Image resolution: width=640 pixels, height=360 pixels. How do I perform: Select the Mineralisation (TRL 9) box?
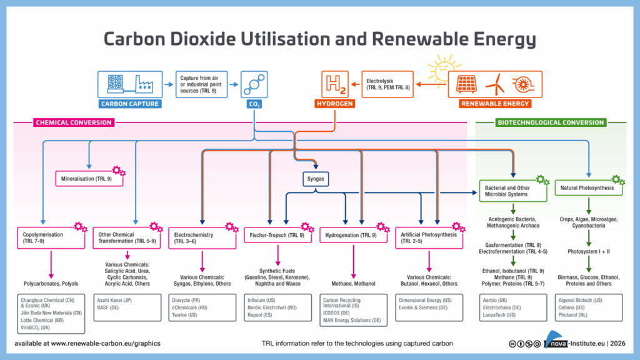(x=87, y=179)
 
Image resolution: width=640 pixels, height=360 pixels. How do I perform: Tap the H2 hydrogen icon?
(x=334, y=84)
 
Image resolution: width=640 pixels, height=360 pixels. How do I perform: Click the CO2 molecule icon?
(x=255, y=84)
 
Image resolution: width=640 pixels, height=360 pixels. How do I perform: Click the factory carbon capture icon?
(x=129, y=84)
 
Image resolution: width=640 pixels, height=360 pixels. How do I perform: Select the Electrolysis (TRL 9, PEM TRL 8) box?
(x=387, y=84)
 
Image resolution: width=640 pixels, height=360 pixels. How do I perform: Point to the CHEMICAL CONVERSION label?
(x=74, y=122)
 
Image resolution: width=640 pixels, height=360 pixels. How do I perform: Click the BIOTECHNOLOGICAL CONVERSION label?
(x=551, y=122)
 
